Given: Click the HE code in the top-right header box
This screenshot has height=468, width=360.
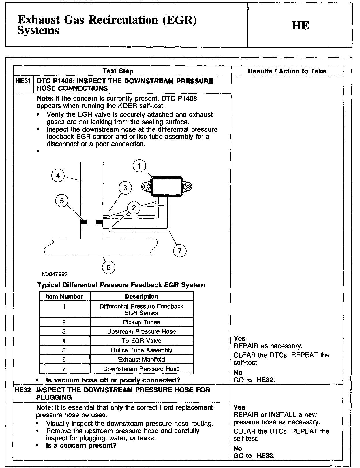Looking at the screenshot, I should (301, 26).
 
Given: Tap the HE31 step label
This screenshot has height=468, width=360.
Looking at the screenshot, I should (23, 81).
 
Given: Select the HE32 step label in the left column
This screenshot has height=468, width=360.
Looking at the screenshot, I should (23, 390).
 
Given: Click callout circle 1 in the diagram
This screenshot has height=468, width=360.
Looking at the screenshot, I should (140, 166).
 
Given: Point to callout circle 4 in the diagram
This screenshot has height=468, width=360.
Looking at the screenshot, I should (58, 175).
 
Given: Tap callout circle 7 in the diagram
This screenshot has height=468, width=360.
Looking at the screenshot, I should (180, 251).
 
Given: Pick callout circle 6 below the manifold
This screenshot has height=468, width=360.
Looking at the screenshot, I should (108, 268).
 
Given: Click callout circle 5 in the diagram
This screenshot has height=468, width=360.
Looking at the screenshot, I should (62, 201).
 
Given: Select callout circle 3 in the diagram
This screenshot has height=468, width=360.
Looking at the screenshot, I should (125, 188).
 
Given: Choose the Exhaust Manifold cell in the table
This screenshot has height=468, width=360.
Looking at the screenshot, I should (141, 359).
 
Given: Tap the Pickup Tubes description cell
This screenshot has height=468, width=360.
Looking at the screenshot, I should (141, 322).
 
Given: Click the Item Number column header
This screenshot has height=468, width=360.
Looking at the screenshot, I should (64, 297).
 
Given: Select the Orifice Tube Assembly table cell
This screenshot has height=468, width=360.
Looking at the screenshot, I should (141, 350).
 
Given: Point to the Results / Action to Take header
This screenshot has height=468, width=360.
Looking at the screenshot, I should (287, 71).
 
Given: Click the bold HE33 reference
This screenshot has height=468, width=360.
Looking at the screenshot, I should (265, 456).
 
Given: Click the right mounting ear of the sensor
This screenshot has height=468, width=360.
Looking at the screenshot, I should (188, 187).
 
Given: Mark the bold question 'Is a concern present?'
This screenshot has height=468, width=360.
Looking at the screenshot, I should (81, 445).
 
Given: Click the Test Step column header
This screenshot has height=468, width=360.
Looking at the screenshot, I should (118, 71).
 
